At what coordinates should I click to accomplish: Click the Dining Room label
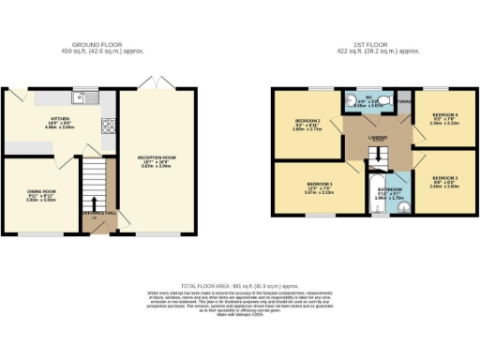41,197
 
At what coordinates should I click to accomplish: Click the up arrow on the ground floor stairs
94,205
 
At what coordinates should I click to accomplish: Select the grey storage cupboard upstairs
404,101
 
